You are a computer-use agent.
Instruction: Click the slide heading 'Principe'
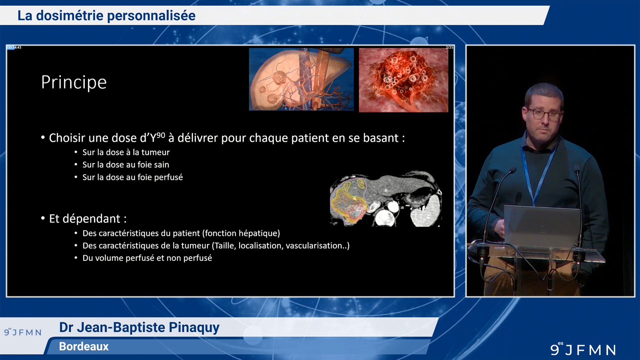coord(74,82)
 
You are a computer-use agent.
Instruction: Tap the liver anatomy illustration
coord(301,79)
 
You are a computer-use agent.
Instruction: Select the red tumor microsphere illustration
coord(403,80)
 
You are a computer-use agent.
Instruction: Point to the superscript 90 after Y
coord(161,135)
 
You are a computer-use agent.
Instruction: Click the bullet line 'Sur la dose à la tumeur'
coord(126,152)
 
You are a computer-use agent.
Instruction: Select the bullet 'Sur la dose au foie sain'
coord(126,165)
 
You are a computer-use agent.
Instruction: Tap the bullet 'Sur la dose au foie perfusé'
coord(133,177)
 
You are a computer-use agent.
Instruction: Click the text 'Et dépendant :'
coord(88,219)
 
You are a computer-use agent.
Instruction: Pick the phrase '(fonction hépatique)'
coord(241,233)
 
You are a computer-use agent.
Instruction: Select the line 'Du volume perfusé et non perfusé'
coord(147,258)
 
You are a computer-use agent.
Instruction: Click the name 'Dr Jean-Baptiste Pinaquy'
coord(139,327)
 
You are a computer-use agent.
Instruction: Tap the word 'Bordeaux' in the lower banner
coord(84,347)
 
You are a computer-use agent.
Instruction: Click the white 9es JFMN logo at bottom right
coord(583,349)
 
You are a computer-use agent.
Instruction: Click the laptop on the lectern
coord(542,226)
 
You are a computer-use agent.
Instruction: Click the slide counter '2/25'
coord(449,48)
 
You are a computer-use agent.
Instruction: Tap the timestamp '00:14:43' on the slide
coord(14,48)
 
